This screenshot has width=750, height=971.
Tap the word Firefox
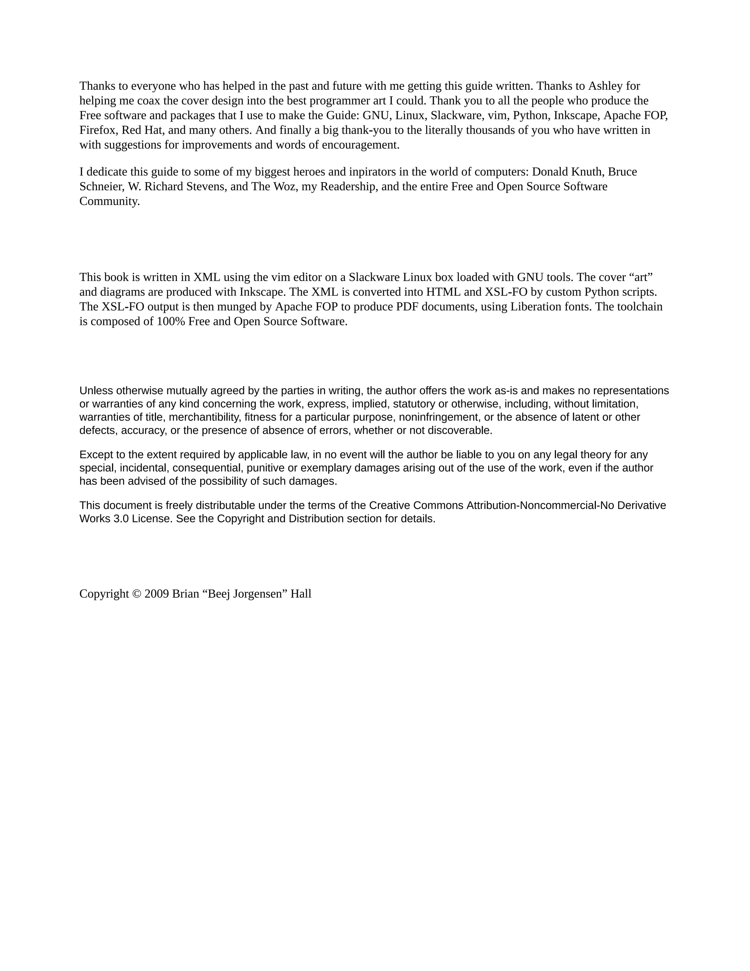tap(97, 130)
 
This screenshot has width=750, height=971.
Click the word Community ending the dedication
tap(109, 202)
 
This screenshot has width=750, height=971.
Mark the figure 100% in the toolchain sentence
tap(171, 321)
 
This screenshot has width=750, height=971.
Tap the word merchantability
tap(204, 417)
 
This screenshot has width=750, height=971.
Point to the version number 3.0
tap(121, 519)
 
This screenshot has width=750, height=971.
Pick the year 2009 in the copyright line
tap(156, 594)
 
